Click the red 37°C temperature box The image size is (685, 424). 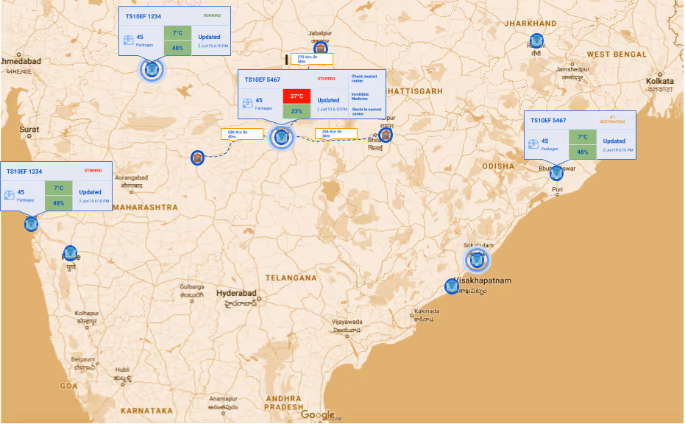pos(297,96)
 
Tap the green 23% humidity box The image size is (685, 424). pos(297,111)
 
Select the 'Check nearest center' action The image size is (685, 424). pos(365,79)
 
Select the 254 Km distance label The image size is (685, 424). pos(336,133)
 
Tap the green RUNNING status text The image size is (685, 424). pos(212,15)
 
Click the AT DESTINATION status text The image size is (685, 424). pos(607,119)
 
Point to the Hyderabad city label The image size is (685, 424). pos(236,293)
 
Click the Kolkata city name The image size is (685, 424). pos(659,81)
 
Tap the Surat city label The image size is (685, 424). pos(29,130)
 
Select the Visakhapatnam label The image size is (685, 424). pos(483,280)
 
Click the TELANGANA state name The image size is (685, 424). pos(291,278)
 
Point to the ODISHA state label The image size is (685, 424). pos(498,166)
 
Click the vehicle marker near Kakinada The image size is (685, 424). pos(452,286)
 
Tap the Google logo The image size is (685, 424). pos(318,414)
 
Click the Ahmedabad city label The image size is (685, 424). pos(21,61)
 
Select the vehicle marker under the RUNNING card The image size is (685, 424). pos(152,69)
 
